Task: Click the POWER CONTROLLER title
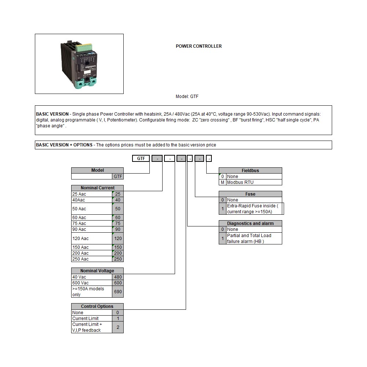pos(199,46)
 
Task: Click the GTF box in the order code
pos(141,159)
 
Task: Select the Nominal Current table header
pos(97,188)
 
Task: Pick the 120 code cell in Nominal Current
pos(118,239)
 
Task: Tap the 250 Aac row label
pos(92,259)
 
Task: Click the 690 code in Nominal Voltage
pos(118,292)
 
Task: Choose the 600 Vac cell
pos(92,283)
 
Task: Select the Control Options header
pos(97,306)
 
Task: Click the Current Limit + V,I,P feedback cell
pos(92,327)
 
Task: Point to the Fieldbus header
pos(250,171)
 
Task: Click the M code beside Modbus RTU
pos(222,182)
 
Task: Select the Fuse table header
pos(250,194)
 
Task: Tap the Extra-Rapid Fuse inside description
pos(254,209)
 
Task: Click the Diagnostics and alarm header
pos(250,224)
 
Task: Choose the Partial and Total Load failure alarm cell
pos(254,239)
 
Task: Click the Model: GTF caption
pos(187,97)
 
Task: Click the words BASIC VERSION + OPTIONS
pos(64,145)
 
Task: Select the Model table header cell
pos(97,170)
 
